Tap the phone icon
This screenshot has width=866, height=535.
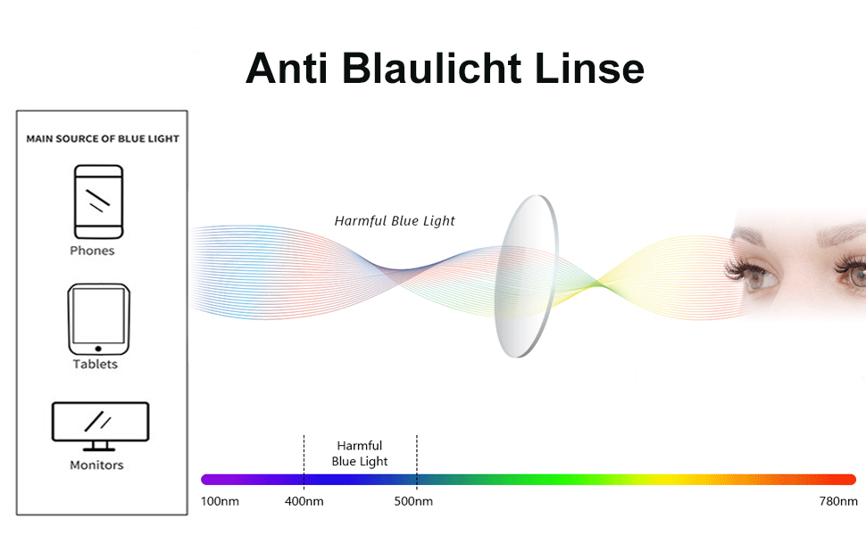pyautogui.click(x=98, y=202)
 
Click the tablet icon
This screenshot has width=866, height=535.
pyautogui.click(x=98, y=319)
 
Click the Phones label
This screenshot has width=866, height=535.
pyautogui.click(x=93, y=251)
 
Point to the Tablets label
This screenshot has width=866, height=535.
pyautogui.click(x=96, y=364)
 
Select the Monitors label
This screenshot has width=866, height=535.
pyautogui.click(x=96, y=465)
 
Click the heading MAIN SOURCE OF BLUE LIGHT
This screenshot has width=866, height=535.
pyautogui.click(x=103, y=139)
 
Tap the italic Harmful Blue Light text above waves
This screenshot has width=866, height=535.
pyautogui.click(x=394, y=221)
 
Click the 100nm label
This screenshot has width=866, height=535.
pyautogui.click(x=220, y=501)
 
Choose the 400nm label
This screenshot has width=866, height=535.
pyautogui.click(x=304, y=501)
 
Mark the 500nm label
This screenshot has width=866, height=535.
pyautogui.click(x=413, y=501)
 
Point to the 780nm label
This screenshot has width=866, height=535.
pyautogui.click(x=837, y=501)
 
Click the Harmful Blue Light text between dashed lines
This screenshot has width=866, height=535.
pyautogui.click(x=360, y=453)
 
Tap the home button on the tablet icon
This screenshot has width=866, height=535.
pyautogui.click(x=98, y=348)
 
